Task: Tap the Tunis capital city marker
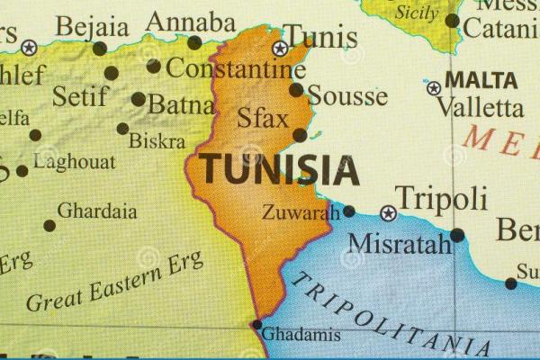click(x=281, y=48)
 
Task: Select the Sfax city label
click(x=263, y=119)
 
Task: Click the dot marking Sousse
click(x=296, y=90)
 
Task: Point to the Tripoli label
click(x=441, y=198)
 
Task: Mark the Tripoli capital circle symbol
click(x=388, y=213)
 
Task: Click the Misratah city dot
click(x=457, y=235)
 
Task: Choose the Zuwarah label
click(x=301, y=213)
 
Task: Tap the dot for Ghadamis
click(x=256, y=325)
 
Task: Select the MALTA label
click(x=481, y=79)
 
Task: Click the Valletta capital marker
click(x=434, y=88)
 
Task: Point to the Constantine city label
click(x=236, y=68)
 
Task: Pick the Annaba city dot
click(x=194, y=42)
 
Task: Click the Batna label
click(x=181, y=104)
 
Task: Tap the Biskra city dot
click(x=122, y=129)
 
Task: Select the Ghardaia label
click(x=97, y=211)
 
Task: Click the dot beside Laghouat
click(x=22, y=170)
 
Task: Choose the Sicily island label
click(x=417, y=13)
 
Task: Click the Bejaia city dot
click(x=99, y=49)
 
